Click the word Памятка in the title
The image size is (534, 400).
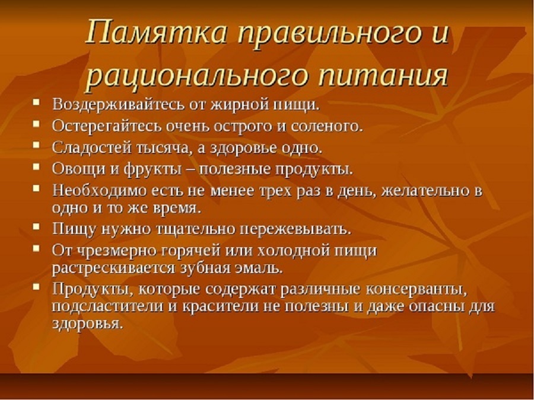click(x=156, y=33)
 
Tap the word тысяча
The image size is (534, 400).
click(x=164, y=148)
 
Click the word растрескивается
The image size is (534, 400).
click(x=113, y=268)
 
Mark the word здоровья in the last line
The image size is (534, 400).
click(x=87, y=323)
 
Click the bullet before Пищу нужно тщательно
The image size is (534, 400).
click(x=36, y=226)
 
